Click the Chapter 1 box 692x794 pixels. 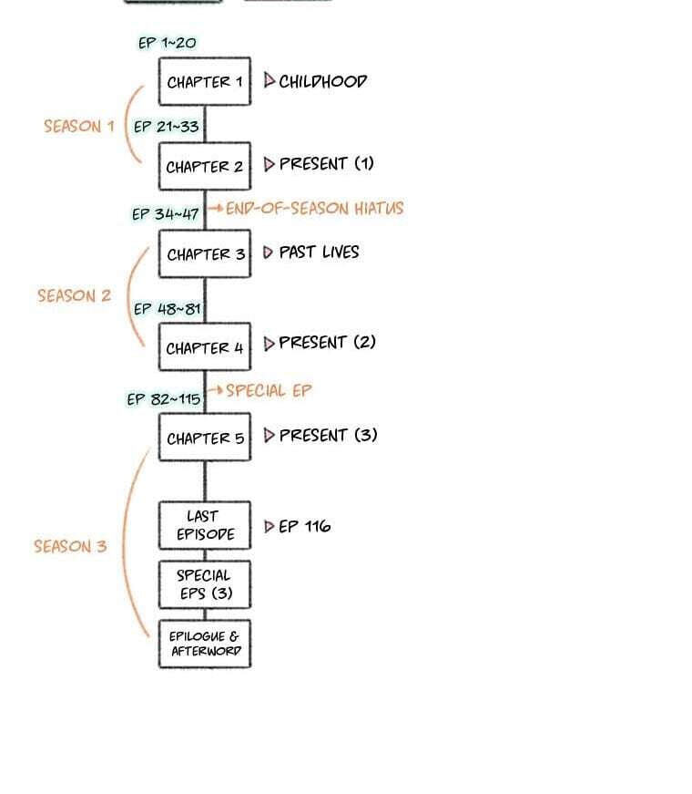click(204, 81)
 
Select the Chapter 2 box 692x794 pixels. click(204, 166)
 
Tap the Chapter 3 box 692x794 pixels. click(204, 253)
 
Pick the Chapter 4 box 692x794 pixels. click(204, 347)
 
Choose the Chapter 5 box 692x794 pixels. click(204, 437)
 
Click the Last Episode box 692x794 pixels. click(204, 525)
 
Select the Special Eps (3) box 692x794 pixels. click(204, 584)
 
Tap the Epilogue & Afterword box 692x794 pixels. click(204, 644)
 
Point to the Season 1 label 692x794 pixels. click(79, 126)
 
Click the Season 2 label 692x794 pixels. click(74, 295)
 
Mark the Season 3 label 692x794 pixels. click(70, 546)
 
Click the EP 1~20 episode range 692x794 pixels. click(167, 43)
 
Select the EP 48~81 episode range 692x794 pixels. click(167, 308)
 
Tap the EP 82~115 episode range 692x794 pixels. click(163, 399)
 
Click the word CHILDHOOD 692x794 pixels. click(322, 81)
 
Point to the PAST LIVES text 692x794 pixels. click(319, 253)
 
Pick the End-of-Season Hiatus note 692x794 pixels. click(314, 208)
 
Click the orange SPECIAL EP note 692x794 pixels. click(269, 390)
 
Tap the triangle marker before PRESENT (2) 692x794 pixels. click(270, 344)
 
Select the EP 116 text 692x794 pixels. click(304, 527)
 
